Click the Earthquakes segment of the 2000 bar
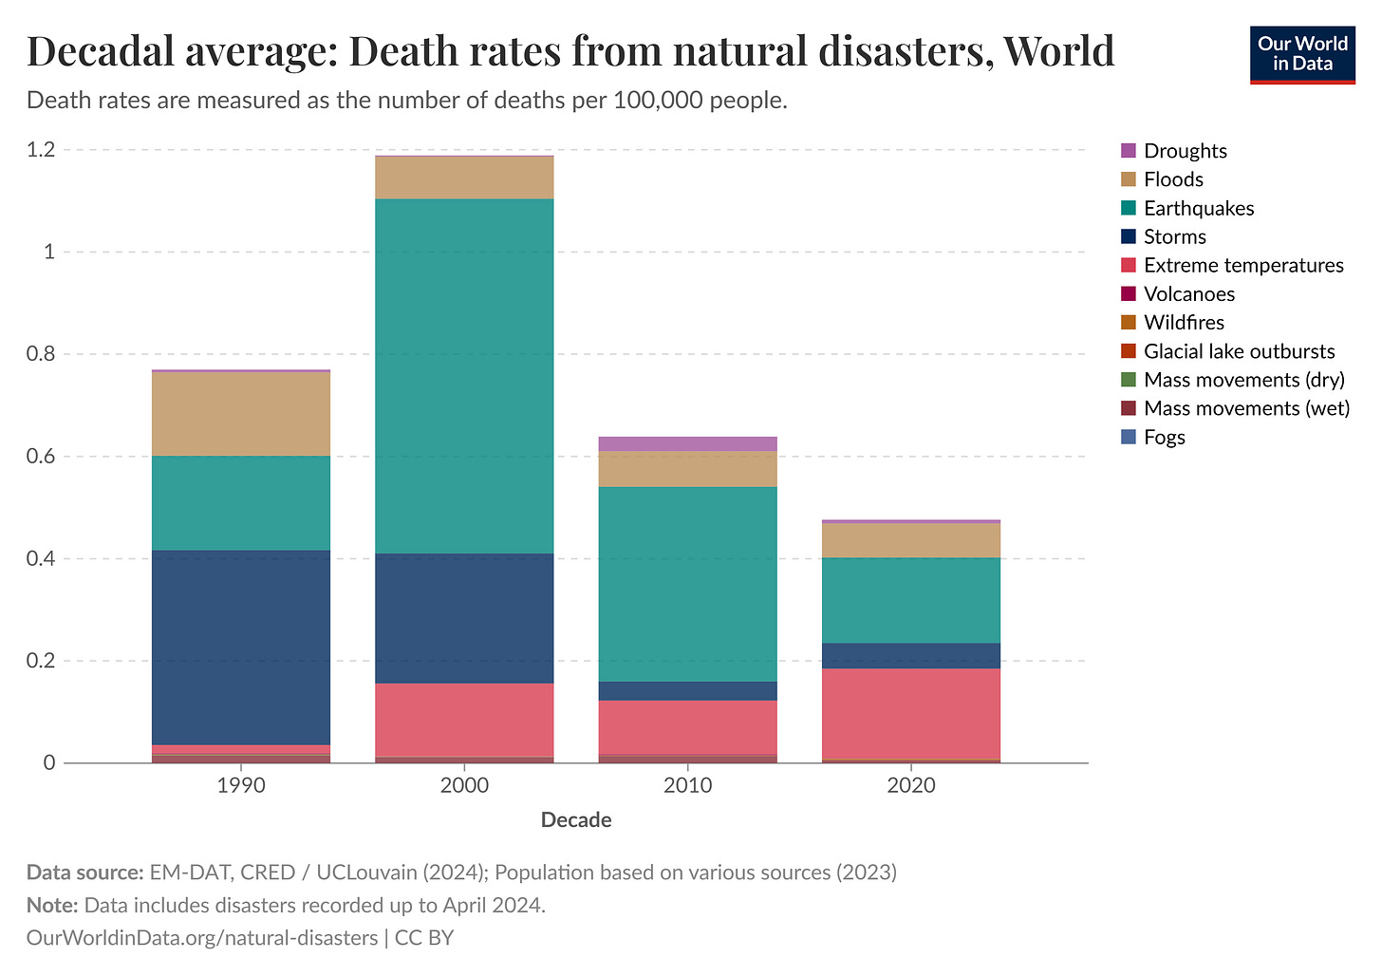coord(464,375)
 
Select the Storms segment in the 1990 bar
coord(241,647)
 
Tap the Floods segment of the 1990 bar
coord(241,413)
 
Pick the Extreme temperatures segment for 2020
coord(910,713)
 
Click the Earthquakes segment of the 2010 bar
coord(687,583)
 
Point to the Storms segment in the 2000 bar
coord(464,617)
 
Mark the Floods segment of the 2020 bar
coord(910,539)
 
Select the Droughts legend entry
coord(1185,151)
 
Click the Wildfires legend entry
coord(1184,323)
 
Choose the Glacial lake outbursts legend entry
coord(1239,351)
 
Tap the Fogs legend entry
coord(1164,437)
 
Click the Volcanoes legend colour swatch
coord(1129,294)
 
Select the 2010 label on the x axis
coord(687,786)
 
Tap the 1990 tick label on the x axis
coord(241,786)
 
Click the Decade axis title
coord(576,820)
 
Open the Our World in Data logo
coord(1302,55)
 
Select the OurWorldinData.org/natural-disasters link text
coord(202,938)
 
